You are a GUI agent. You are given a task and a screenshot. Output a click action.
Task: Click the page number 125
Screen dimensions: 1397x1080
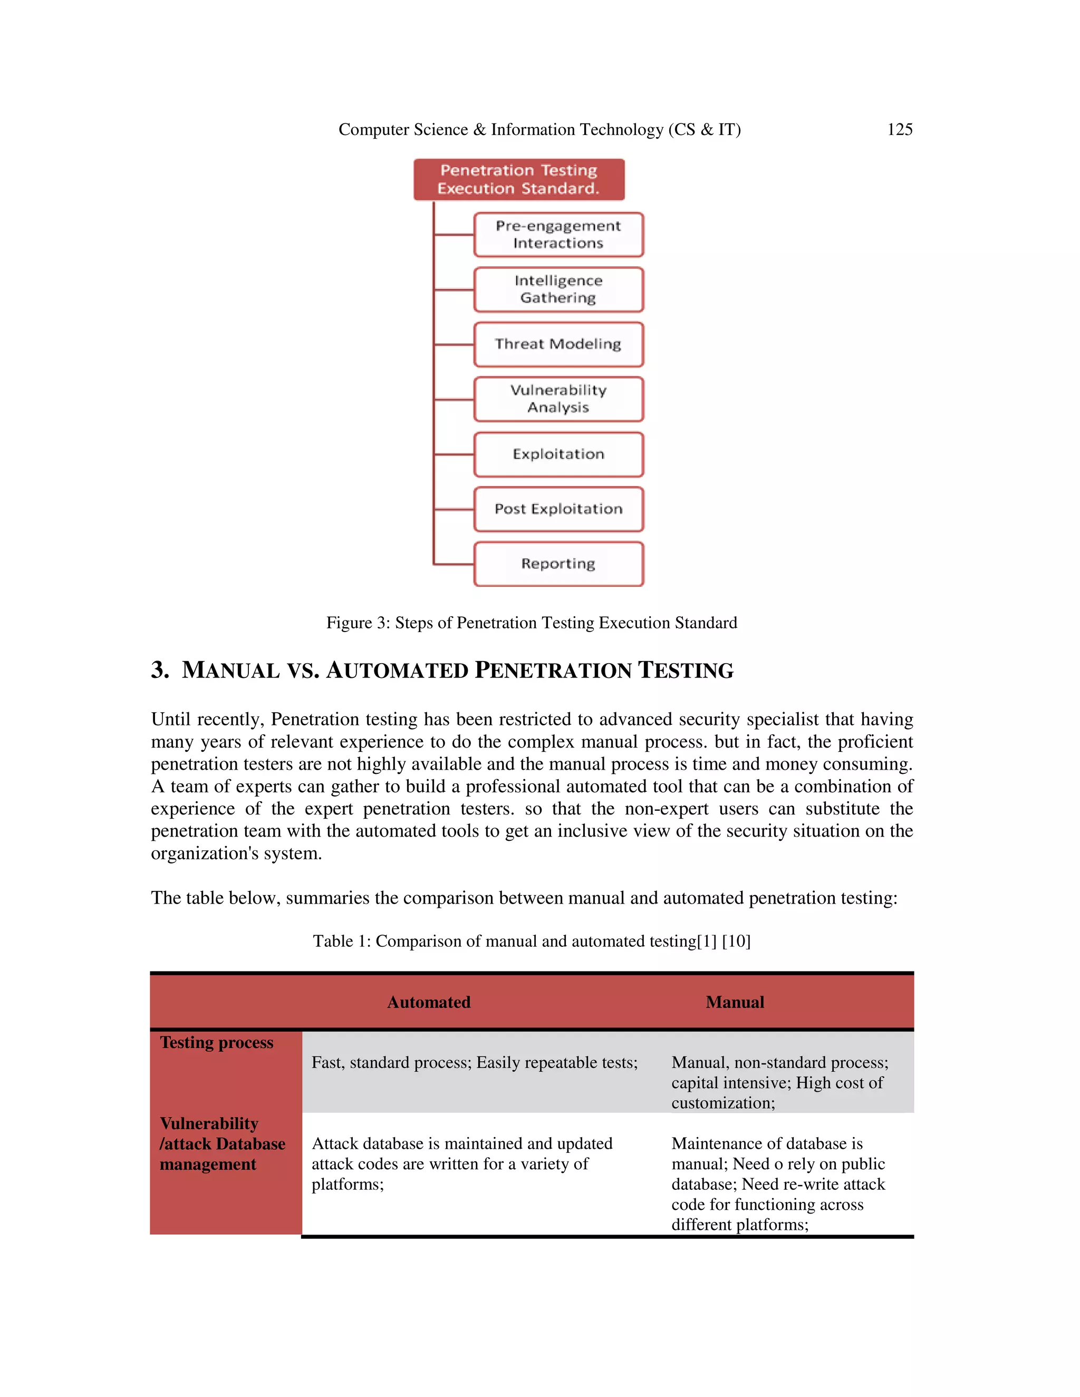pos(899,130)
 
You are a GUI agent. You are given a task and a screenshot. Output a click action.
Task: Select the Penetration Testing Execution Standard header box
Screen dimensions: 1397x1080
pos(518,180)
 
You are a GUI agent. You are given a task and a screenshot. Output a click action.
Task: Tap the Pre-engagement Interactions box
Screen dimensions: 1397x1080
pos(558,235)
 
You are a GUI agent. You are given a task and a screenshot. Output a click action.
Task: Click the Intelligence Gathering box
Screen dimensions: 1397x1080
pos(558,290)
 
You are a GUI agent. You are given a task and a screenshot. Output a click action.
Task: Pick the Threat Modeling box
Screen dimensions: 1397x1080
pos(558,344)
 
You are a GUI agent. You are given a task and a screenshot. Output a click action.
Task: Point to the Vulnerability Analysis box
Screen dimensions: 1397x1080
pos(558,399)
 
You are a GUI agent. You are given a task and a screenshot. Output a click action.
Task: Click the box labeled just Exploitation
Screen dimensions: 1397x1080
pos(558,454)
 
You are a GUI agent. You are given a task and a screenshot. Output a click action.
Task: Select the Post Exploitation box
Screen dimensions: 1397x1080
pos(558,509)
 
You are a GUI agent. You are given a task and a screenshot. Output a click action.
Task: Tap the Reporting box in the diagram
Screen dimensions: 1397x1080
pos(558,564)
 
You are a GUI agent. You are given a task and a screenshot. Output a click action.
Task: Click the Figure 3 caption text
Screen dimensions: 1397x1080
pos(531,623)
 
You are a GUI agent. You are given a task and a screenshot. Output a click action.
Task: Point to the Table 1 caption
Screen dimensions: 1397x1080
pos(531,941)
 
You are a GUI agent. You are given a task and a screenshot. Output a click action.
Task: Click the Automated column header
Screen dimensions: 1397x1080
pos(429,1002)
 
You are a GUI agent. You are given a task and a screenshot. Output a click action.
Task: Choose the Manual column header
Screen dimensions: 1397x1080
pos(735,1002)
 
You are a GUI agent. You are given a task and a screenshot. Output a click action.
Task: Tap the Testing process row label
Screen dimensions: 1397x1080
pos(216,1043)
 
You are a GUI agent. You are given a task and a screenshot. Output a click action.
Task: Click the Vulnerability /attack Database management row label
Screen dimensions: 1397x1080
pos(221,1144)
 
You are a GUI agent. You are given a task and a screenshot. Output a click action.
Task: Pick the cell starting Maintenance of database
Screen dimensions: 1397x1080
pos(777,1183)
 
